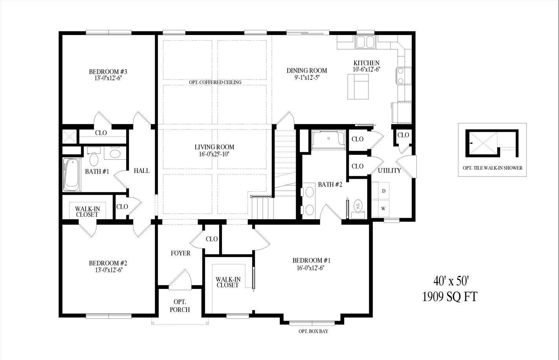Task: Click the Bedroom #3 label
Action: click(108, 72)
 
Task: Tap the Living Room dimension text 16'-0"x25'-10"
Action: click(214, 154)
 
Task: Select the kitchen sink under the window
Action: click(366, 42)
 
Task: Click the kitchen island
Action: click(358, 86)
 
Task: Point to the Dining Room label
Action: click(307, 71)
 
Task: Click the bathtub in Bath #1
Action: click(72, 175)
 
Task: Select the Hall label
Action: click(141, 171)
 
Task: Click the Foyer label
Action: click(180, 253)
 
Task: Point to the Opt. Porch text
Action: click(180, 306)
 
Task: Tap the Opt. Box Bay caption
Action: click(313, 331)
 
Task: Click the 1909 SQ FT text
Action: click(450, 297)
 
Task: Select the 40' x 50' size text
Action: click(450, 281)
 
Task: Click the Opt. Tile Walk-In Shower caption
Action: click(492, 168)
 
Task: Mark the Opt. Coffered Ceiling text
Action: click(215, 82)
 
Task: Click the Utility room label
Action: click(389, 171)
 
